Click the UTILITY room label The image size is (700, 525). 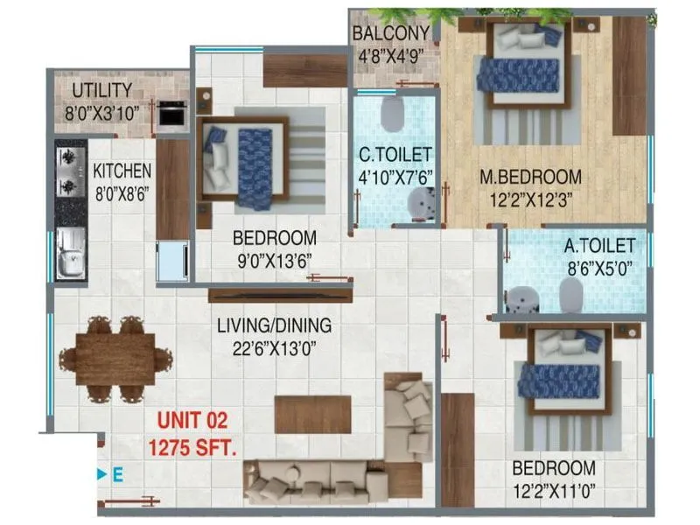(102, 90)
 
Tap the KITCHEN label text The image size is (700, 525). (122, 171)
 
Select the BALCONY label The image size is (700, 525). (391, 34)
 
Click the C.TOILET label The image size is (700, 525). (396, 155)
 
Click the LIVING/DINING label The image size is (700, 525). (275, 326)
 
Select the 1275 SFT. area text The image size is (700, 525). (192, 447)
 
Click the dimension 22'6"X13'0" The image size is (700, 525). (275, 347)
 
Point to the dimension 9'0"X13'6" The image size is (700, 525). (273, 260)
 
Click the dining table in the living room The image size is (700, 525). (115, 359)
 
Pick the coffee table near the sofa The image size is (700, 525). (312, 415)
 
